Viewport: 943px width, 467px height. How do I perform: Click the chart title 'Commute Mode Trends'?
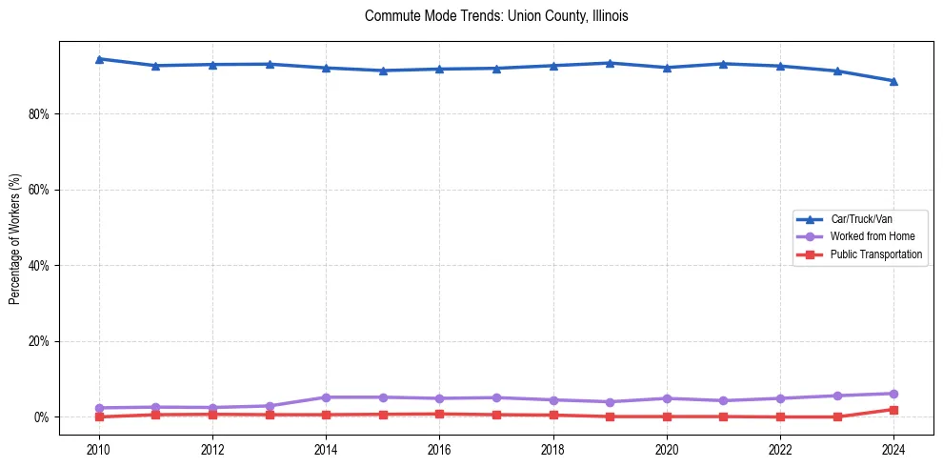point(496,16)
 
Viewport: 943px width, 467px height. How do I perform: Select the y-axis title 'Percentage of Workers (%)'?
point(14,239)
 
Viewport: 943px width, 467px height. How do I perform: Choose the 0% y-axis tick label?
point(40,417)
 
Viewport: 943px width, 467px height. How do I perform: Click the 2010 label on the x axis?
point(99,449)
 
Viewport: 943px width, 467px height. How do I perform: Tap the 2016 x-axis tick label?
point(439,449)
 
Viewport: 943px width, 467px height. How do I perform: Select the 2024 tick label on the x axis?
point(893,449)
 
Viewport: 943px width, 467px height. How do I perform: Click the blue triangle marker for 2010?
point(99,59)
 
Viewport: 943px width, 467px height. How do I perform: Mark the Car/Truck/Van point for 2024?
point(893,81)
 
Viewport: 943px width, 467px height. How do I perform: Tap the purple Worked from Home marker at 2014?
point(326,397)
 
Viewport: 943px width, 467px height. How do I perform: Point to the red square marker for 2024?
point(893,410)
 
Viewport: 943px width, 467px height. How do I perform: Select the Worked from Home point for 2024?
point(893,394)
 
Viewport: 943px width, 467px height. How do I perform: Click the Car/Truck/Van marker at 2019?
point(610,63)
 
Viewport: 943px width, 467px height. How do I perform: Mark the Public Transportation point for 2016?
point(439,414)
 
